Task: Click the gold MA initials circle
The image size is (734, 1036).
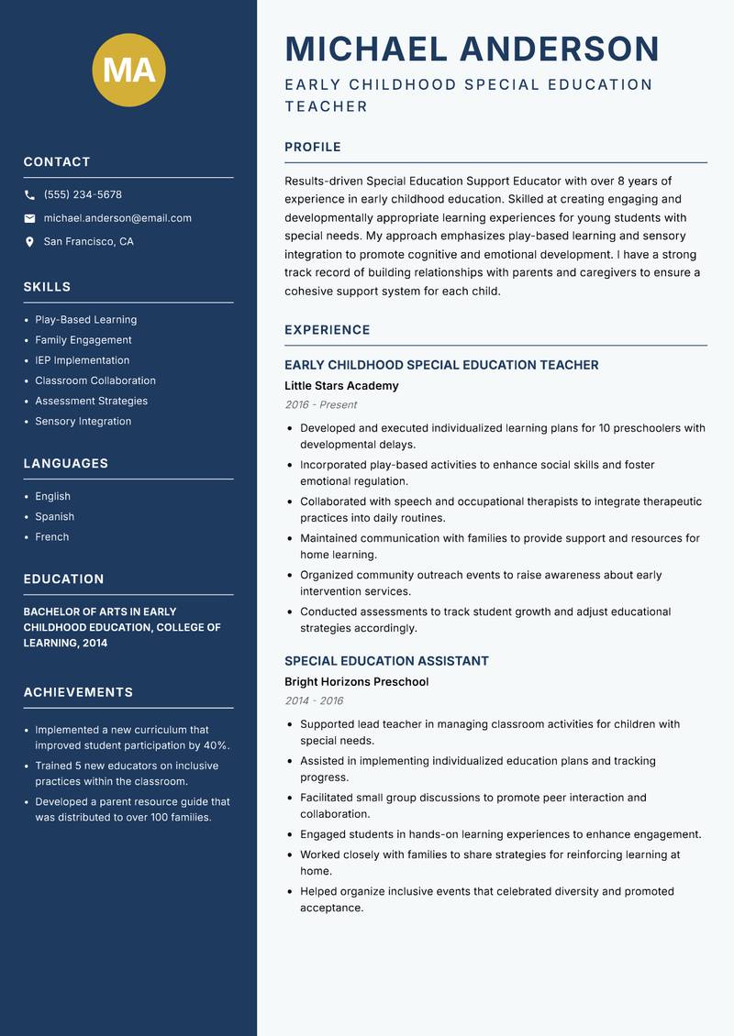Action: click(129, 70)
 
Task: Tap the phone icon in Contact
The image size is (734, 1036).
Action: click(30, 195)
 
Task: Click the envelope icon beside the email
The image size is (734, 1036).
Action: click(30, 218)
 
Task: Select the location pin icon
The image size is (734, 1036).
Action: click(30, 242)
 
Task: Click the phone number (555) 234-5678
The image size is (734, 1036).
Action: click(83, 195)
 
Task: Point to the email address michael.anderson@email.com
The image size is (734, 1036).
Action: click(117, 218)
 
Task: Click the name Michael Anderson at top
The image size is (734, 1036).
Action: click(472, 49)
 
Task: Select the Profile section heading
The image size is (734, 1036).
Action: click(313, 147)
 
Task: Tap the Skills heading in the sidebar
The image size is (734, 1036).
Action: click(47, 287)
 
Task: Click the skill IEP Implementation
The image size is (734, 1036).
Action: click(83, 360)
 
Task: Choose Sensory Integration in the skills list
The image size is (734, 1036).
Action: click(83, 422)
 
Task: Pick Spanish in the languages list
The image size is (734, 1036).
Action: click(55, 517)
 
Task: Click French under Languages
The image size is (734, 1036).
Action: click(52, 537)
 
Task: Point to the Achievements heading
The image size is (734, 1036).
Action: click(78, 692)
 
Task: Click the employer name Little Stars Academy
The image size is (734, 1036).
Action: click(341, 386)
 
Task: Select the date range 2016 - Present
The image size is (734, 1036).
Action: click(321, 405)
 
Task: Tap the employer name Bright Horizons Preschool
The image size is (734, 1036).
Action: click(356, 682)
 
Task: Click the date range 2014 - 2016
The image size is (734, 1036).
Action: click(314, 701)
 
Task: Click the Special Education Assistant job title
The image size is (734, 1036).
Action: click(386, 661)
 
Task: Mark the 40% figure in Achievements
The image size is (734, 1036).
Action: click(217, 745)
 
